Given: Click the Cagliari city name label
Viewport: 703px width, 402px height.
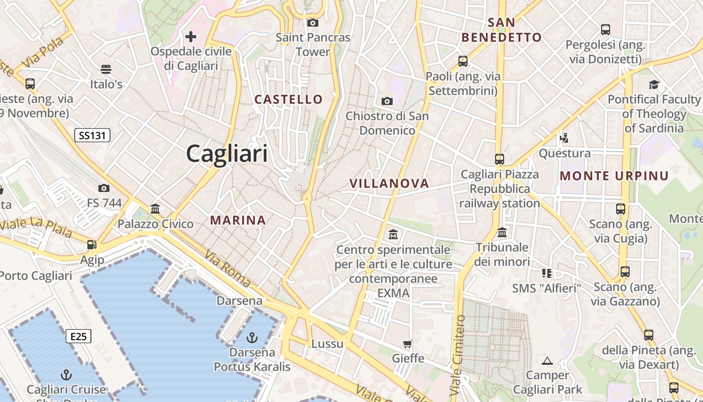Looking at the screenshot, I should (x=227, y=153).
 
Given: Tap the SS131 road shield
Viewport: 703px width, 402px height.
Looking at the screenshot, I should (x=92, y=135).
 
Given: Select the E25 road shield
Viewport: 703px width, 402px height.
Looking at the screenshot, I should (x=78, y=336).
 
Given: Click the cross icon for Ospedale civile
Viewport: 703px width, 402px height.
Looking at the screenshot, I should (x=191, y=37).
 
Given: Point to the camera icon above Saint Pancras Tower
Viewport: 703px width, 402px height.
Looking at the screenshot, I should (x=313, y=23).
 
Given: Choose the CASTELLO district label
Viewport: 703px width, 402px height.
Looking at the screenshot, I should (x=288, y=99).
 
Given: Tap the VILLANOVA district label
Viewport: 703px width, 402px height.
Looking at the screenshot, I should (x=389, y=183).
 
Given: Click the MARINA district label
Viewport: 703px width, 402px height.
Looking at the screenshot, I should (x=238, y=220).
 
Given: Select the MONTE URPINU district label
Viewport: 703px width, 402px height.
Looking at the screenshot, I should (x=614, y=176).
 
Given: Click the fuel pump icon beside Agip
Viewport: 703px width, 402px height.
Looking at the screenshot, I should (x=91, y=245).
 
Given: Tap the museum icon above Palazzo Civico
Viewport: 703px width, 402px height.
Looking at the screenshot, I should (x=155, y=209).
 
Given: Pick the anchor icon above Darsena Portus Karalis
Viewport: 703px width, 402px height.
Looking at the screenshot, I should (x=252, y=337).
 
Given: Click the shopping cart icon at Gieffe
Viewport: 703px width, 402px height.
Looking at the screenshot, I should (x=408, y=344).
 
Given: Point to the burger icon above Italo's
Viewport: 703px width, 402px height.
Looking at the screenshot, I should (x=106, y=69).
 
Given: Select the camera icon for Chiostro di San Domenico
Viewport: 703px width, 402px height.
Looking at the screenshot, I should (x=387, y=101).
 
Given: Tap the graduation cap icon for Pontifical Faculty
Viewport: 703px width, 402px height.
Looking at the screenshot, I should (x=653, y=84).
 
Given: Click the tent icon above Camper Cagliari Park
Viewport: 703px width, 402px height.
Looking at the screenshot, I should (x=547, y=360).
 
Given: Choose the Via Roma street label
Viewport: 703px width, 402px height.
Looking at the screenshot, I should (x=227, y=268).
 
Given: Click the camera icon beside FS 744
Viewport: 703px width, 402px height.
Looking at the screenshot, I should (x=104, y=188).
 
